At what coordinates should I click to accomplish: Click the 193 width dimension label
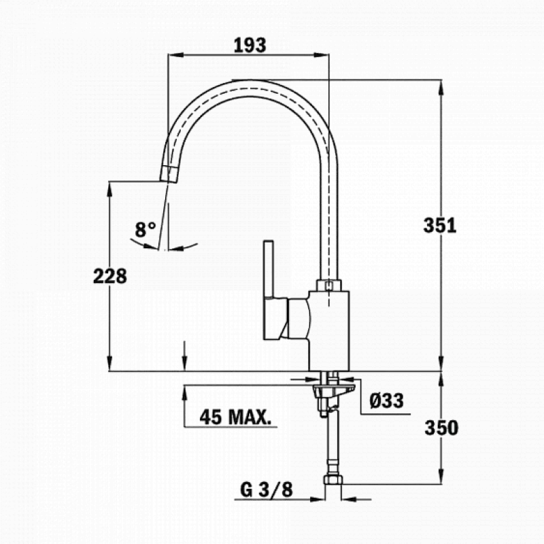(x=250, y=45)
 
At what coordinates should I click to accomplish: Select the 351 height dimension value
(x=440, y=226)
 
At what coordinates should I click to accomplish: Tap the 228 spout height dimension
(x=110, y=275)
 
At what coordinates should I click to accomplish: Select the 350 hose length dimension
(x=441, y=428)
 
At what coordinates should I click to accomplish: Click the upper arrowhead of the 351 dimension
(x=441, y=86)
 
